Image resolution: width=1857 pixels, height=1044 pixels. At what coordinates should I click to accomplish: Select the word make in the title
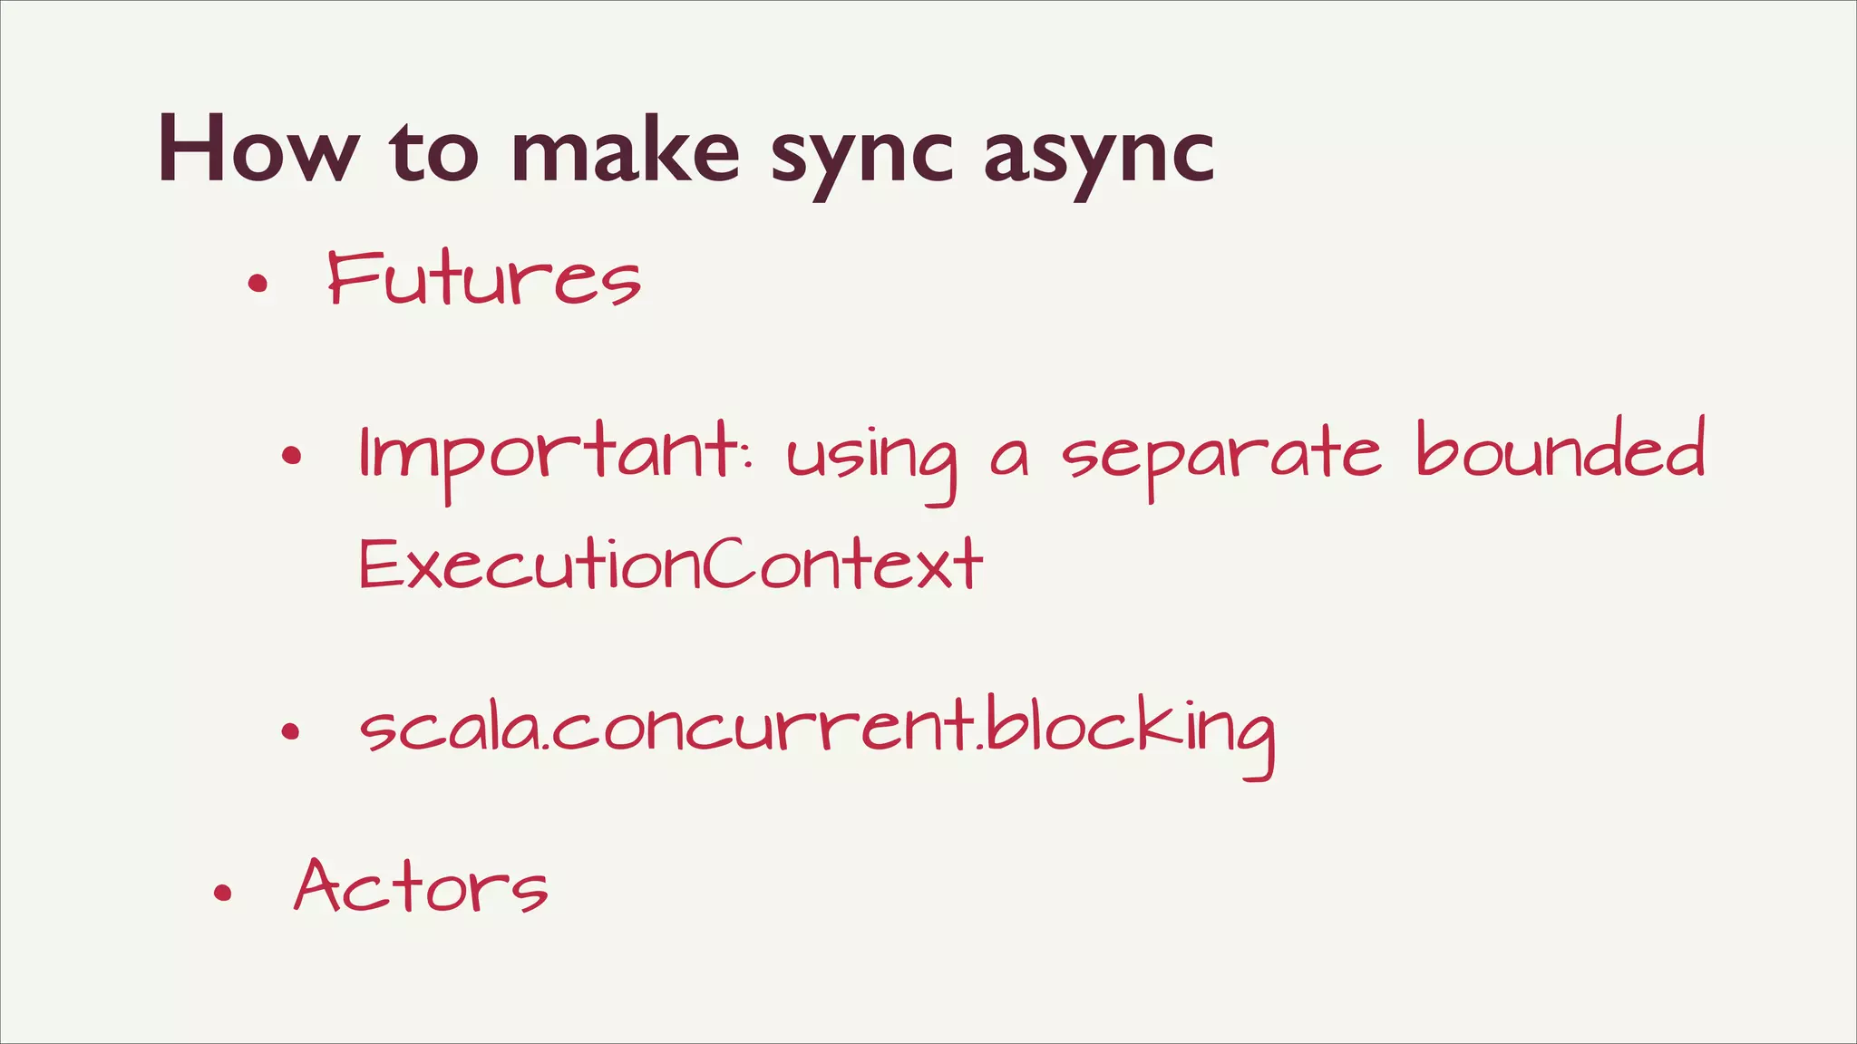626,150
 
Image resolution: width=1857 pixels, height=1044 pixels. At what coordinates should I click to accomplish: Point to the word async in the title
1099,154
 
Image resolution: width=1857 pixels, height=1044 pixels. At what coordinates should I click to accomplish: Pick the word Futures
484,278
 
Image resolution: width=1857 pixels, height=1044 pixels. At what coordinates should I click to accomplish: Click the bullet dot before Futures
258,284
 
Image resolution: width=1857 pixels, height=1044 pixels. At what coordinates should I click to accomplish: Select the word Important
549,453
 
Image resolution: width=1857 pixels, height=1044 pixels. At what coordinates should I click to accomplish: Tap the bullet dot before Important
291,455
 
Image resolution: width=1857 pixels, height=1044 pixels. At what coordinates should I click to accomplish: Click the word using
871,458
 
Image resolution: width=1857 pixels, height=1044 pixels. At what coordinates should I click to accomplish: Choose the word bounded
1560,448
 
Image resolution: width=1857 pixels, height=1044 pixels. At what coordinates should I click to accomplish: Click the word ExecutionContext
671,564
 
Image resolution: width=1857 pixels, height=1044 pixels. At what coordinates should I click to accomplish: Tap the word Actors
422,885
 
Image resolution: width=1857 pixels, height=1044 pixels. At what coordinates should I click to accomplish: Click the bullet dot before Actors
223,894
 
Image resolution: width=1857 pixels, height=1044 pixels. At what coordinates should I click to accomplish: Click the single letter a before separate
1010,460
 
